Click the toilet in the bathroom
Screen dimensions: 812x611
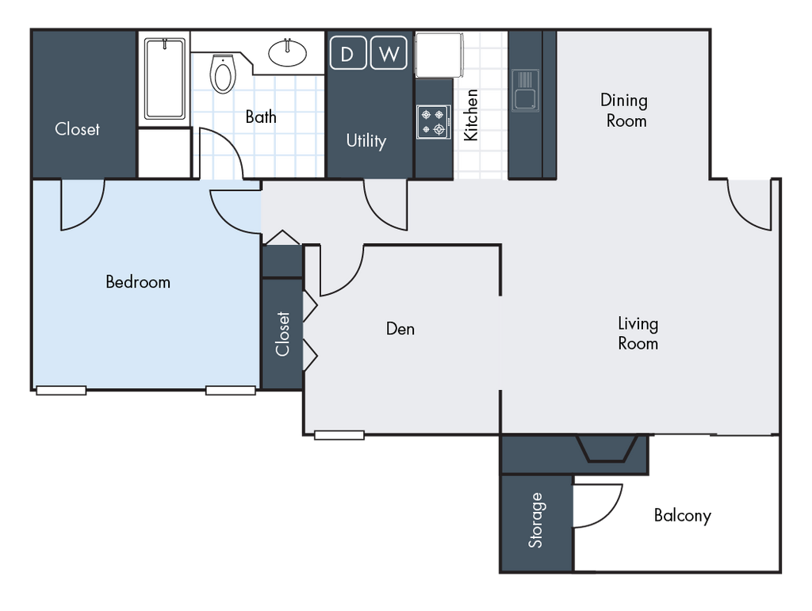point(224,74)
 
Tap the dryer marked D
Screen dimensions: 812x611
point(347,54)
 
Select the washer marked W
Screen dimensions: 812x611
point(388,54)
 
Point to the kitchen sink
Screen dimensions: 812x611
point(525,90)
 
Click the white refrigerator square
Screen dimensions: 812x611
point(439,54)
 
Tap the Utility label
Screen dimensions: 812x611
point(366,141)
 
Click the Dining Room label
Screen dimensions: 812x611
point(623,110)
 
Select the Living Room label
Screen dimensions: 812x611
point(638,334)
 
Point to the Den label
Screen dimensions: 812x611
point(400,328)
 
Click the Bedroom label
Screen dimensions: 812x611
point(138,281)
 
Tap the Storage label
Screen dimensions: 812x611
point(536,521)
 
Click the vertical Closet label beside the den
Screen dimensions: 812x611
point(283,334)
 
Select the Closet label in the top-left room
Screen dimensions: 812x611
point(78,128)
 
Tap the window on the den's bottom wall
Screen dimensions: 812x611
point(339,435)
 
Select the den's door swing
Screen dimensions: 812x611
point(340,269)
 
